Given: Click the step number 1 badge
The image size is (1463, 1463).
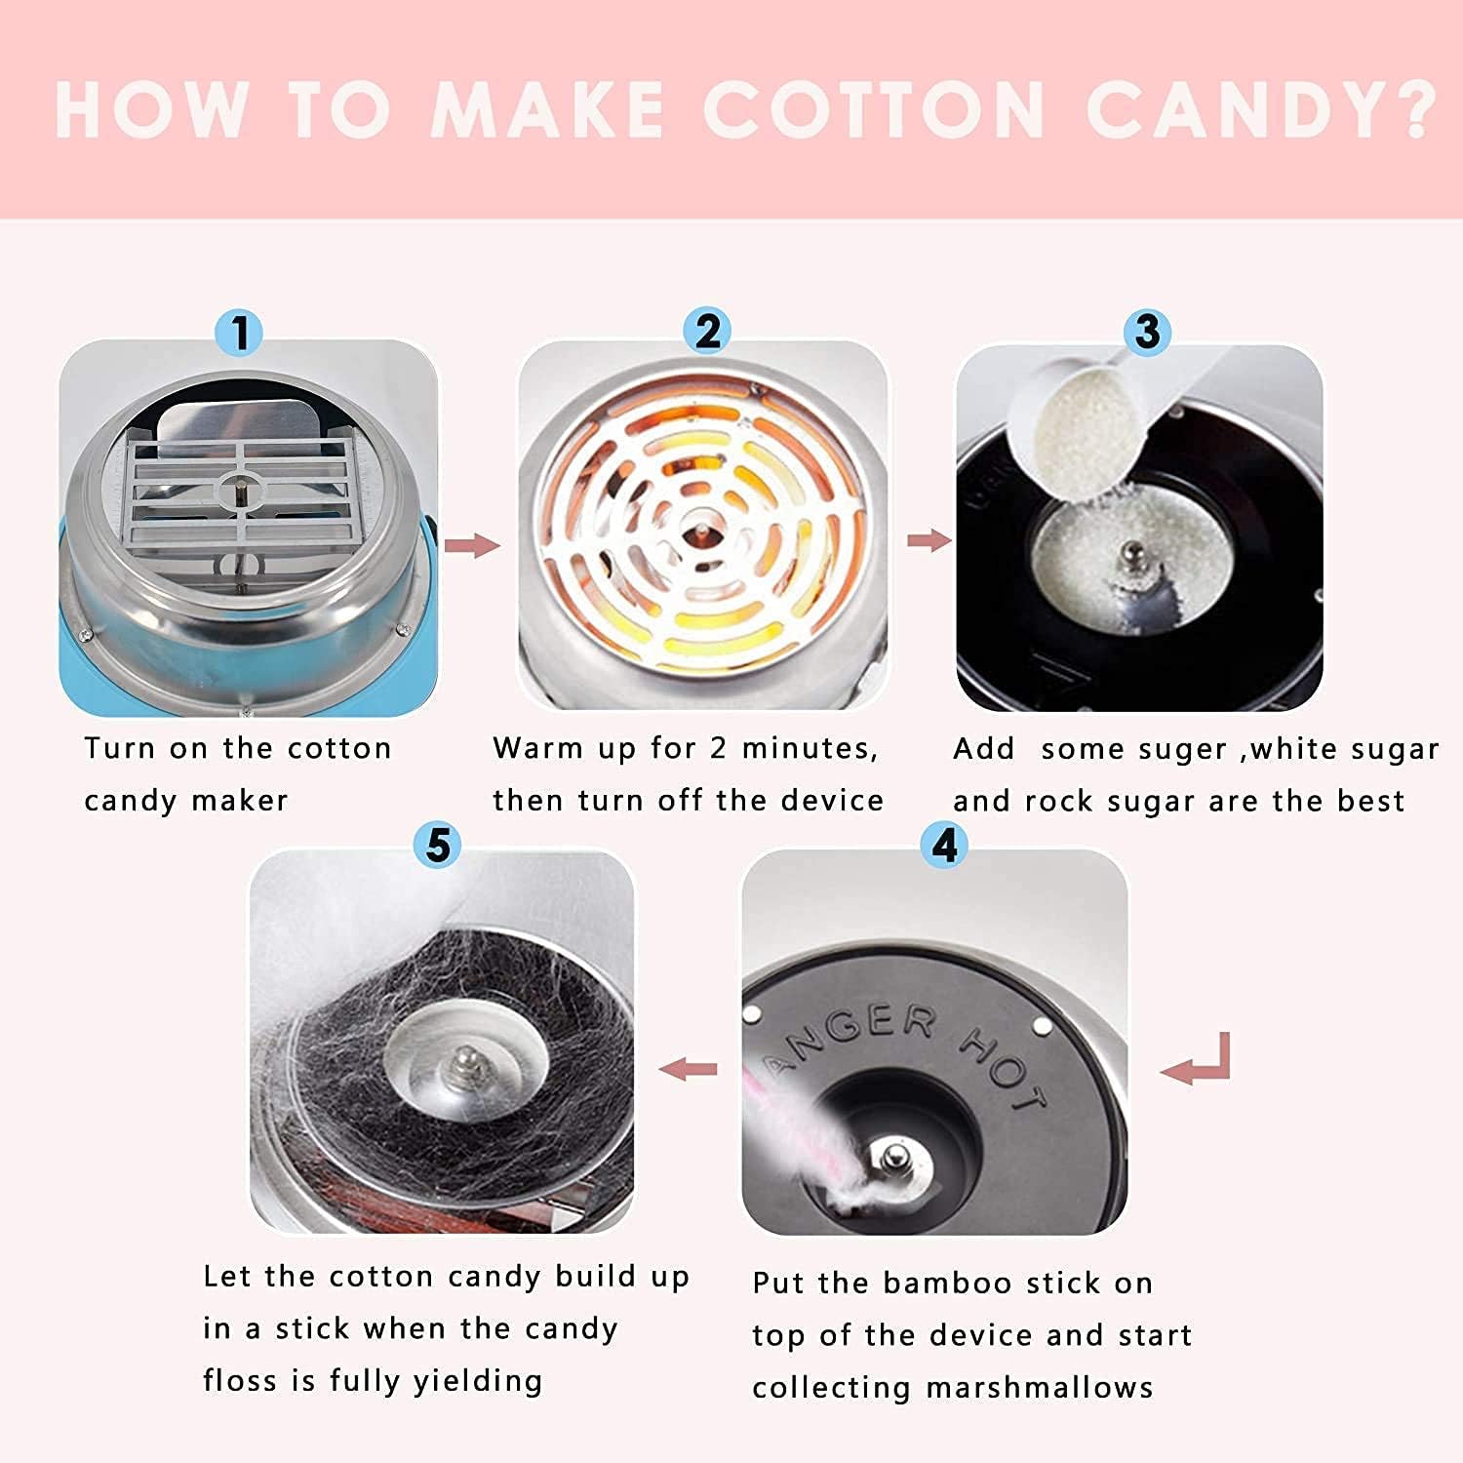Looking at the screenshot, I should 240,333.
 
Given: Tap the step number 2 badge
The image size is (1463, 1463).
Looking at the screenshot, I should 707,331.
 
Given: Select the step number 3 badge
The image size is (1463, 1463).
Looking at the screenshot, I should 1148,332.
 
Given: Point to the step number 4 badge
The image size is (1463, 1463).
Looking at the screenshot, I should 944,845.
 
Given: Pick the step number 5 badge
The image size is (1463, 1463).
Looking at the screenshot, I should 437,845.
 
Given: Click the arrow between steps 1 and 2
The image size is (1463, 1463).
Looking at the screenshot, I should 472,545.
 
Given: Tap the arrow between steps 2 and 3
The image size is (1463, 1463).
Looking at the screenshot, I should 929,540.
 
